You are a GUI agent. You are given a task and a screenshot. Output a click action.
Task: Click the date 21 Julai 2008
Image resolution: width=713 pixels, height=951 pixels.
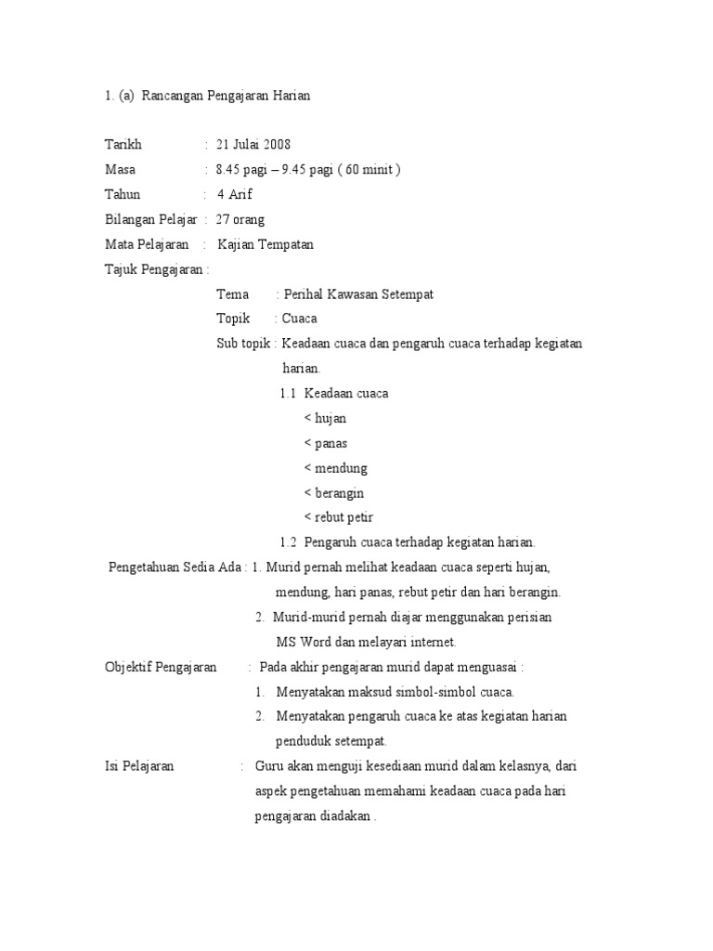(x=253, y=144)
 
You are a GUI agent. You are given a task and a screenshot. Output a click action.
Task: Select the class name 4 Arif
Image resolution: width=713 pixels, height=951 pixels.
(x=235, y=194)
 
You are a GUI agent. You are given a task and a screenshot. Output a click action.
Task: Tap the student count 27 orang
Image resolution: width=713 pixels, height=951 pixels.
(x=240, y=219)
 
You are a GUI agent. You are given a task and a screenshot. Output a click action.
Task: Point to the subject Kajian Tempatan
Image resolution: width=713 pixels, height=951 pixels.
(x=266, y=244)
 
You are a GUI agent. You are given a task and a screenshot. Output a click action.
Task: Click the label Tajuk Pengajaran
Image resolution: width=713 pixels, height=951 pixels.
(x=156, y=269)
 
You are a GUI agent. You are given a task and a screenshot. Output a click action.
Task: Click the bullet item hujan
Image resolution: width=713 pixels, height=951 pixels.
(x=331, y=418)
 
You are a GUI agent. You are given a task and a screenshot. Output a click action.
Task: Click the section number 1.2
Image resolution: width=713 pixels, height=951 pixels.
(x=288, y=542)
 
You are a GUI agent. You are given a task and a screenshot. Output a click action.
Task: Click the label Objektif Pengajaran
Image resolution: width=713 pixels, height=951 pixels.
(x=161, y=667)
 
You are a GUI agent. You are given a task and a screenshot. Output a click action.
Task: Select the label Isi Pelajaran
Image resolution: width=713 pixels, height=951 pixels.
(x=139, y=766)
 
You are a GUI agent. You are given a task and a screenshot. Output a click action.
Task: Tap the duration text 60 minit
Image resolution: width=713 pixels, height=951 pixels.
(x=371, y=169)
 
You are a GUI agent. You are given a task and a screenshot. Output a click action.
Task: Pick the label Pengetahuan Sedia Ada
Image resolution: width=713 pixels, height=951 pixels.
(x=176, y=567)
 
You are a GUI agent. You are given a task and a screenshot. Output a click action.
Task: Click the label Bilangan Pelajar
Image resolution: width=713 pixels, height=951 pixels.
(x=150, y=219)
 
